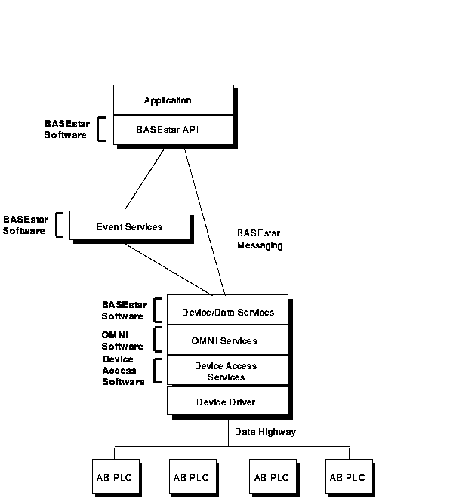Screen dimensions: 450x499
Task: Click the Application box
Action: (x=174, y=100)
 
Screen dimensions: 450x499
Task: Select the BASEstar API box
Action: (x=174, y=130)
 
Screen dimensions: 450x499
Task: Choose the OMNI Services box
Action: (x=227, y=340)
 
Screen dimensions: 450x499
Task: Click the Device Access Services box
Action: (x=227, y=370)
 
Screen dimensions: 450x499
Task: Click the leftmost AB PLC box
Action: (x=116, y=476)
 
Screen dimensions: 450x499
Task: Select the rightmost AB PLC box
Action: (x=349, y=476)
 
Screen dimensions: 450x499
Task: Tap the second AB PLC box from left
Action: (x=193, y=476)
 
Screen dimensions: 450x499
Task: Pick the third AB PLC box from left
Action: (x=273, y=476)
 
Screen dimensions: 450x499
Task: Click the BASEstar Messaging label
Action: (x=260, y=239)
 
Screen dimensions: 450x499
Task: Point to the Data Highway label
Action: (x=266, y=432)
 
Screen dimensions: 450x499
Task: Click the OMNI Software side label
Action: (x=122, y=340)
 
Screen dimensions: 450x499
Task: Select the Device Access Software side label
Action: (x=124, y=371)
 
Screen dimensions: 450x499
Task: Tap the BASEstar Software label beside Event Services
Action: (x=26, y=225)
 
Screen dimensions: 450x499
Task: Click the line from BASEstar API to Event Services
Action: (x=144, y=179)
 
